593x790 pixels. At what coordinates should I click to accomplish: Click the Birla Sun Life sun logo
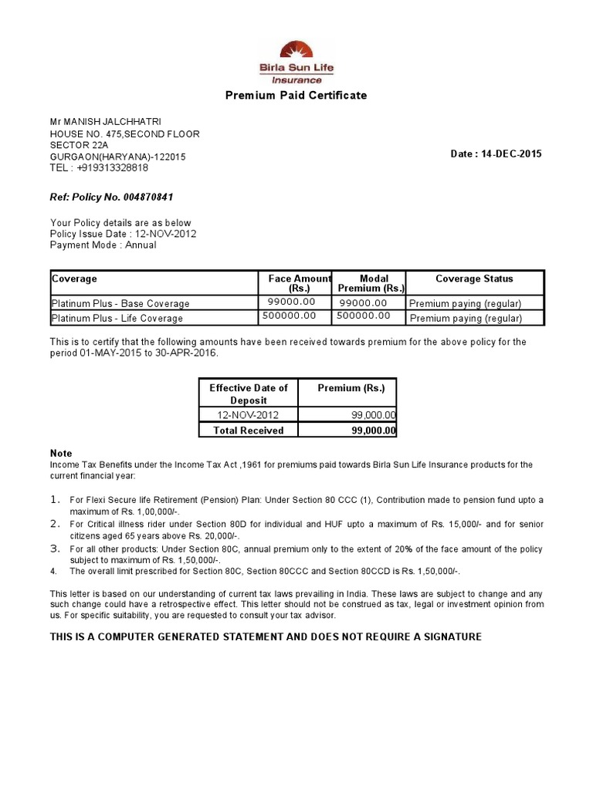click(x=296, y=52)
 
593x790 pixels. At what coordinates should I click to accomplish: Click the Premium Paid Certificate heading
click(x=296, y=96)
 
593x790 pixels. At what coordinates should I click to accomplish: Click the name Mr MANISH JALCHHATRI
click(x=106, y=122)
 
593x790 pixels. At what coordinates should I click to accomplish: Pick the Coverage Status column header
click(x=474, y=279)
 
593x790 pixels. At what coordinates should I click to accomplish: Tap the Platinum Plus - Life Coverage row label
click(x=117, y=319)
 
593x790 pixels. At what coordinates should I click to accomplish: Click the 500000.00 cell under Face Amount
click(x=290, y=316)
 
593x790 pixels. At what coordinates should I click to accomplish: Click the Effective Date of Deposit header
click(x=249, y=393)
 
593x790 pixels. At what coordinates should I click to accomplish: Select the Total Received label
click(x=249, y=430)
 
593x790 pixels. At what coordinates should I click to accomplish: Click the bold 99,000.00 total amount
click(x=374, y=430)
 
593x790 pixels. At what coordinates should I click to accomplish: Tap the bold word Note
click(x=61, y=454)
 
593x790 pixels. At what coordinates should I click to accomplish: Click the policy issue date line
click(x=123, y=234)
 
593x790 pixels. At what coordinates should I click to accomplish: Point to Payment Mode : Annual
click(x=103, y=245)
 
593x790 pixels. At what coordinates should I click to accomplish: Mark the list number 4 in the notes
click(x=53, y=572)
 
